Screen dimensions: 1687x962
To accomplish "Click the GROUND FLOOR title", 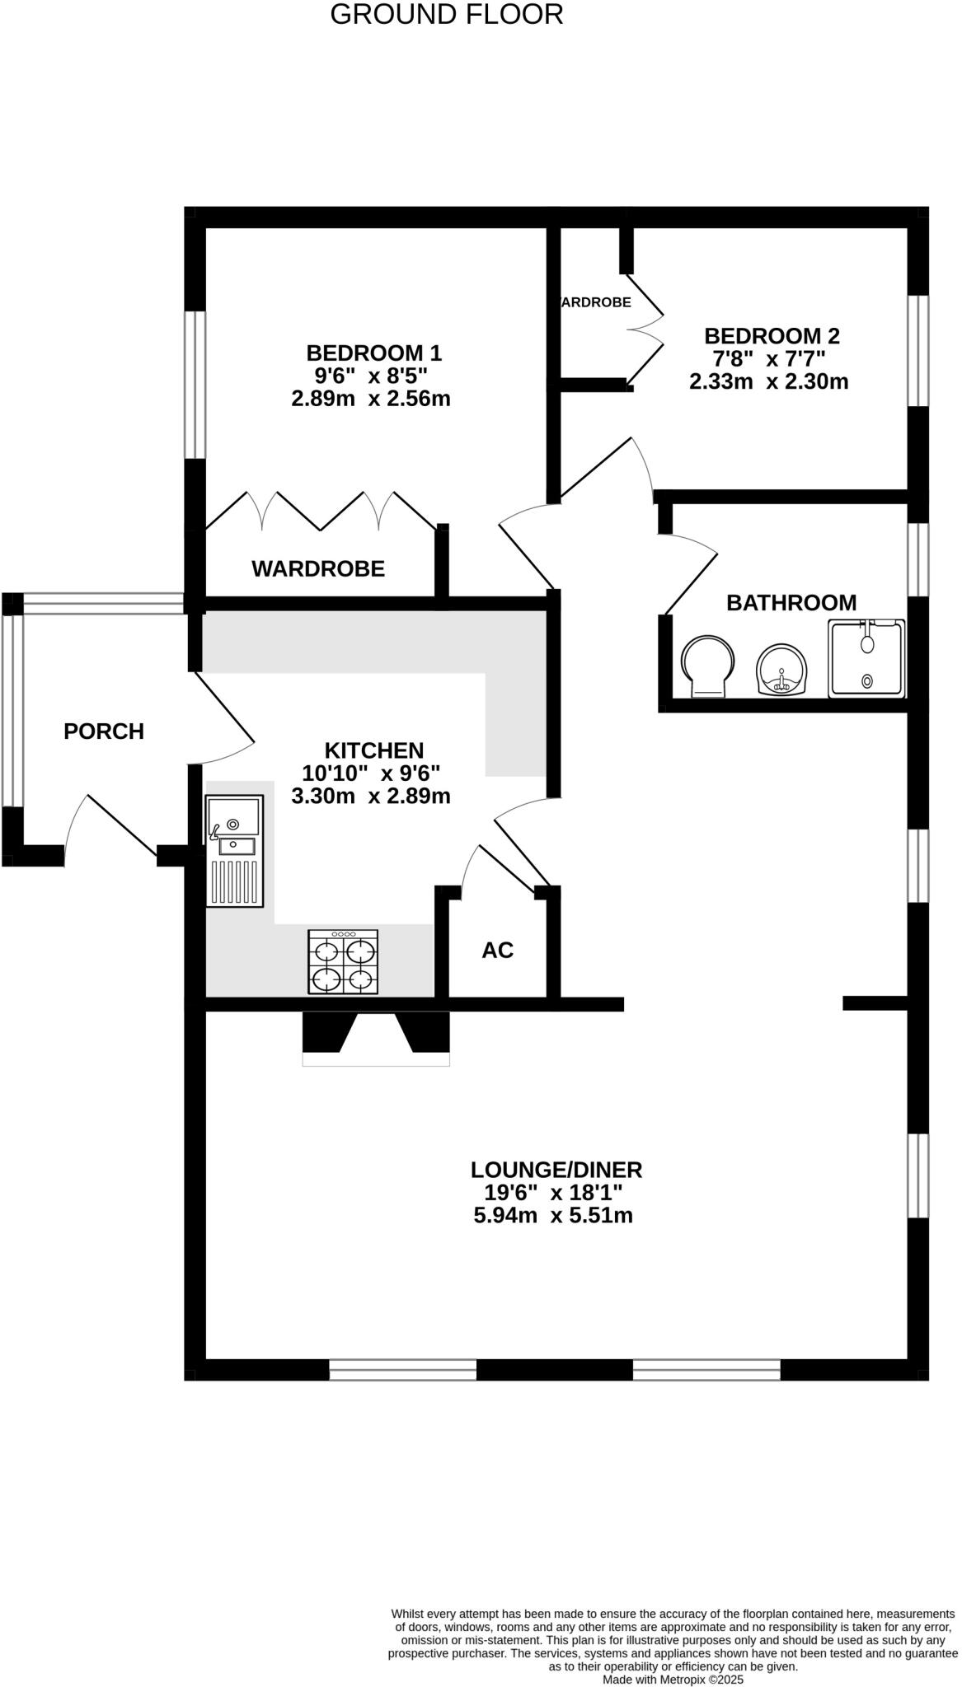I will coord(446,15).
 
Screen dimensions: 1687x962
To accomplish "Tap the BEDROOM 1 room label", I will coord(373,353).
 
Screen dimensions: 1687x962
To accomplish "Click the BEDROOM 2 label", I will coord(772,336).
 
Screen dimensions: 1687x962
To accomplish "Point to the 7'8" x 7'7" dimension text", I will coord(768,359).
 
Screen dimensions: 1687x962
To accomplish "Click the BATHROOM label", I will coord(791,602).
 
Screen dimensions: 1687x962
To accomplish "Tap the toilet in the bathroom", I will coord(707,666).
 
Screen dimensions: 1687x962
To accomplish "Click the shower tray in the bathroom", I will coord(866,658).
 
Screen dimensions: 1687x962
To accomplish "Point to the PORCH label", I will coord(104,731).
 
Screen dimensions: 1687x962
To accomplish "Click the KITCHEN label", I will coord(373,750).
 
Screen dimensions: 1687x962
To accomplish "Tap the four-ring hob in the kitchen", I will coord(343,962).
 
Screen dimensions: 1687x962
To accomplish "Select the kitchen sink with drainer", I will coord(234,851).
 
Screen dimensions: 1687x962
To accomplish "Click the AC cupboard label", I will coord(497,951).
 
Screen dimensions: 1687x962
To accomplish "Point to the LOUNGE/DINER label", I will coord(556,1170).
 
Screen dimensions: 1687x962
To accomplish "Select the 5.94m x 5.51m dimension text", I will coord(552,1216).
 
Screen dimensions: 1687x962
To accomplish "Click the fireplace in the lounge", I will coord(376,1036).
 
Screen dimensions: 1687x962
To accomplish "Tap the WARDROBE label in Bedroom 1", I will coord(318,568).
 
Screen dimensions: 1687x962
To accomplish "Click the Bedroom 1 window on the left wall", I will coord(195,384).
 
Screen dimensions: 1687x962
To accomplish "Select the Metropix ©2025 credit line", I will coord(673,1679).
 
